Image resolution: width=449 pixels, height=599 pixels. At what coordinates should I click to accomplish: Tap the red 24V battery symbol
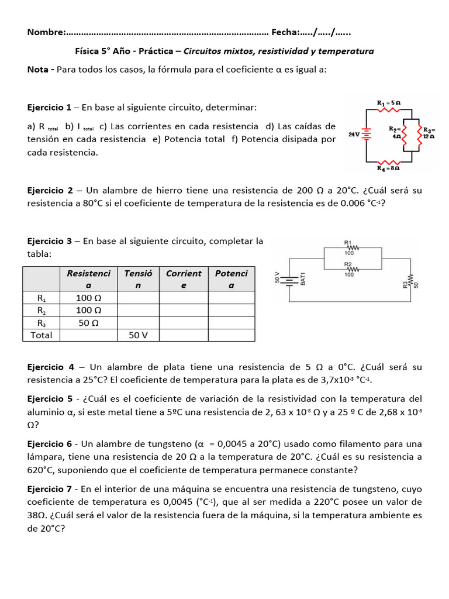click(x=367, y=135)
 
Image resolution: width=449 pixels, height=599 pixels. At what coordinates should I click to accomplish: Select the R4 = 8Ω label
click(x=388, y=168)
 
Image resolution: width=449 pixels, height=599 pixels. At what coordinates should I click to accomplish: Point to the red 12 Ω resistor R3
click(x=419, y=135)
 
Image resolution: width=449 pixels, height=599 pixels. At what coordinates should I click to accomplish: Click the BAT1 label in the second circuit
click(x=303, y=278)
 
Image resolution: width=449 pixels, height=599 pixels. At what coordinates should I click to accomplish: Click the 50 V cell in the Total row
click(x=138, y=335)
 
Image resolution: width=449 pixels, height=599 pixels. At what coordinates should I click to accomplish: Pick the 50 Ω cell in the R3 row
click(x=89, y=323)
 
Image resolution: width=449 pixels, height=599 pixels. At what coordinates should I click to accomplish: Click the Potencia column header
click(x=232, y=279)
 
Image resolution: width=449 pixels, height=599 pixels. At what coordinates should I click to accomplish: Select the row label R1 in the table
click(x=41, y=297)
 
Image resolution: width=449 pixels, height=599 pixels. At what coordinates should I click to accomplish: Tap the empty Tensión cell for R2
click(x=138, y=310)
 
